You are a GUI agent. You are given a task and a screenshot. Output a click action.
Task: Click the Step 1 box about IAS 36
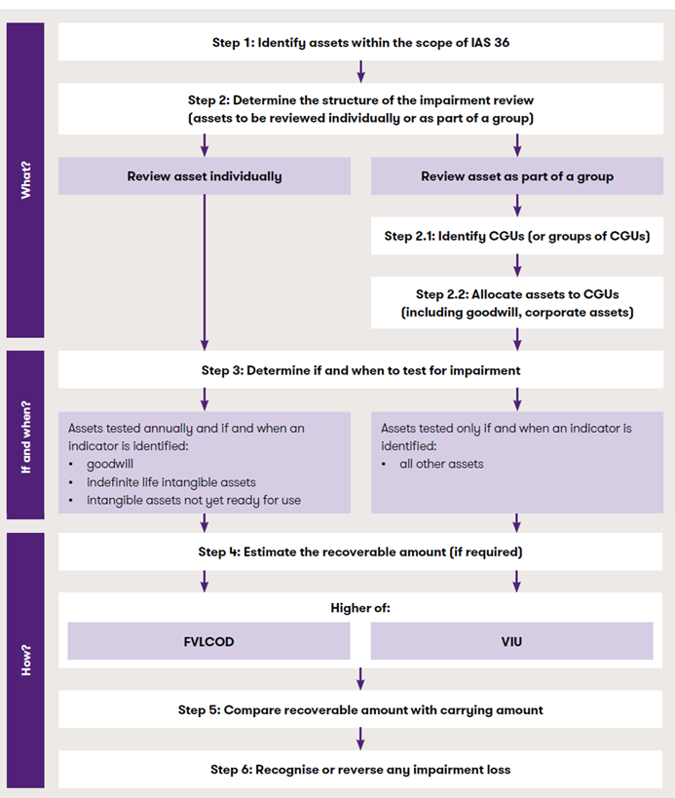(x=360, y=43)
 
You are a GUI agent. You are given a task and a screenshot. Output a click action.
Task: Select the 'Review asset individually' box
(x=205, y=176)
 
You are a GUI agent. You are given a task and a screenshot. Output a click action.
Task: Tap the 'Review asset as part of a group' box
(x=516, y=176)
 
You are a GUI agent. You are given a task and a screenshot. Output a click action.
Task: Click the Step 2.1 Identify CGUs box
(x=516, y=236)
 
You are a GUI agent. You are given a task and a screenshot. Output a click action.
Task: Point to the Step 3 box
(x=360, y=370)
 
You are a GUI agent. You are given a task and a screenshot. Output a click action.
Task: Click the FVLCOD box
(x=208, y=642)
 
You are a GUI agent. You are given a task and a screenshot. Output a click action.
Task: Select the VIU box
(x=511, y=642)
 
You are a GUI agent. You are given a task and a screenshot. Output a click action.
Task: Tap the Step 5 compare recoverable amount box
(x=360, y=710)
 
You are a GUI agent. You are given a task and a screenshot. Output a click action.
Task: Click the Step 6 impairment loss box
(x=360, y=770)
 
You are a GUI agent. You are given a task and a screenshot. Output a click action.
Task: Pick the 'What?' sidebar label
(x=25, y=180)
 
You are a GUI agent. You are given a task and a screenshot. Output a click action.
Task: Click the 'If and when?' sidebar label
(x=25, y=437)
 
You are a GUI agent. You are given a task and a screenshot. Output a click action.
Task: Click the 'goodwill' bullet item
(x=110, y=465)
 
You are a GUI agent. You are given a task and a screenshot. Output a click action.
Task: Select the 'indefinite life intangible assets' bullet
(x=170, y=483)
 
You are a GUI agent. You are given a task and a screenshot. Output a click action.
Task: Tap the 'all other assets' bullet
(x=441, y=464)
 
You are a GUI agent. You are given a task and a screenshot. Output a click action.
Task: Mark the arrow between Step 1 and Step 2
(x=360, y=70)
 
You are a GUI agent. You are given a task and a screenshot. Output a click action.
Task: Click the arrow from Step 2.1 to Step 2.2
(x=516, y=263)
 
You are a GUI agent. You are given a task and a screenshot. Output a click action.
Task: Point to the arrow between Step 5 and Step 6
(x=360, y=739)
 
